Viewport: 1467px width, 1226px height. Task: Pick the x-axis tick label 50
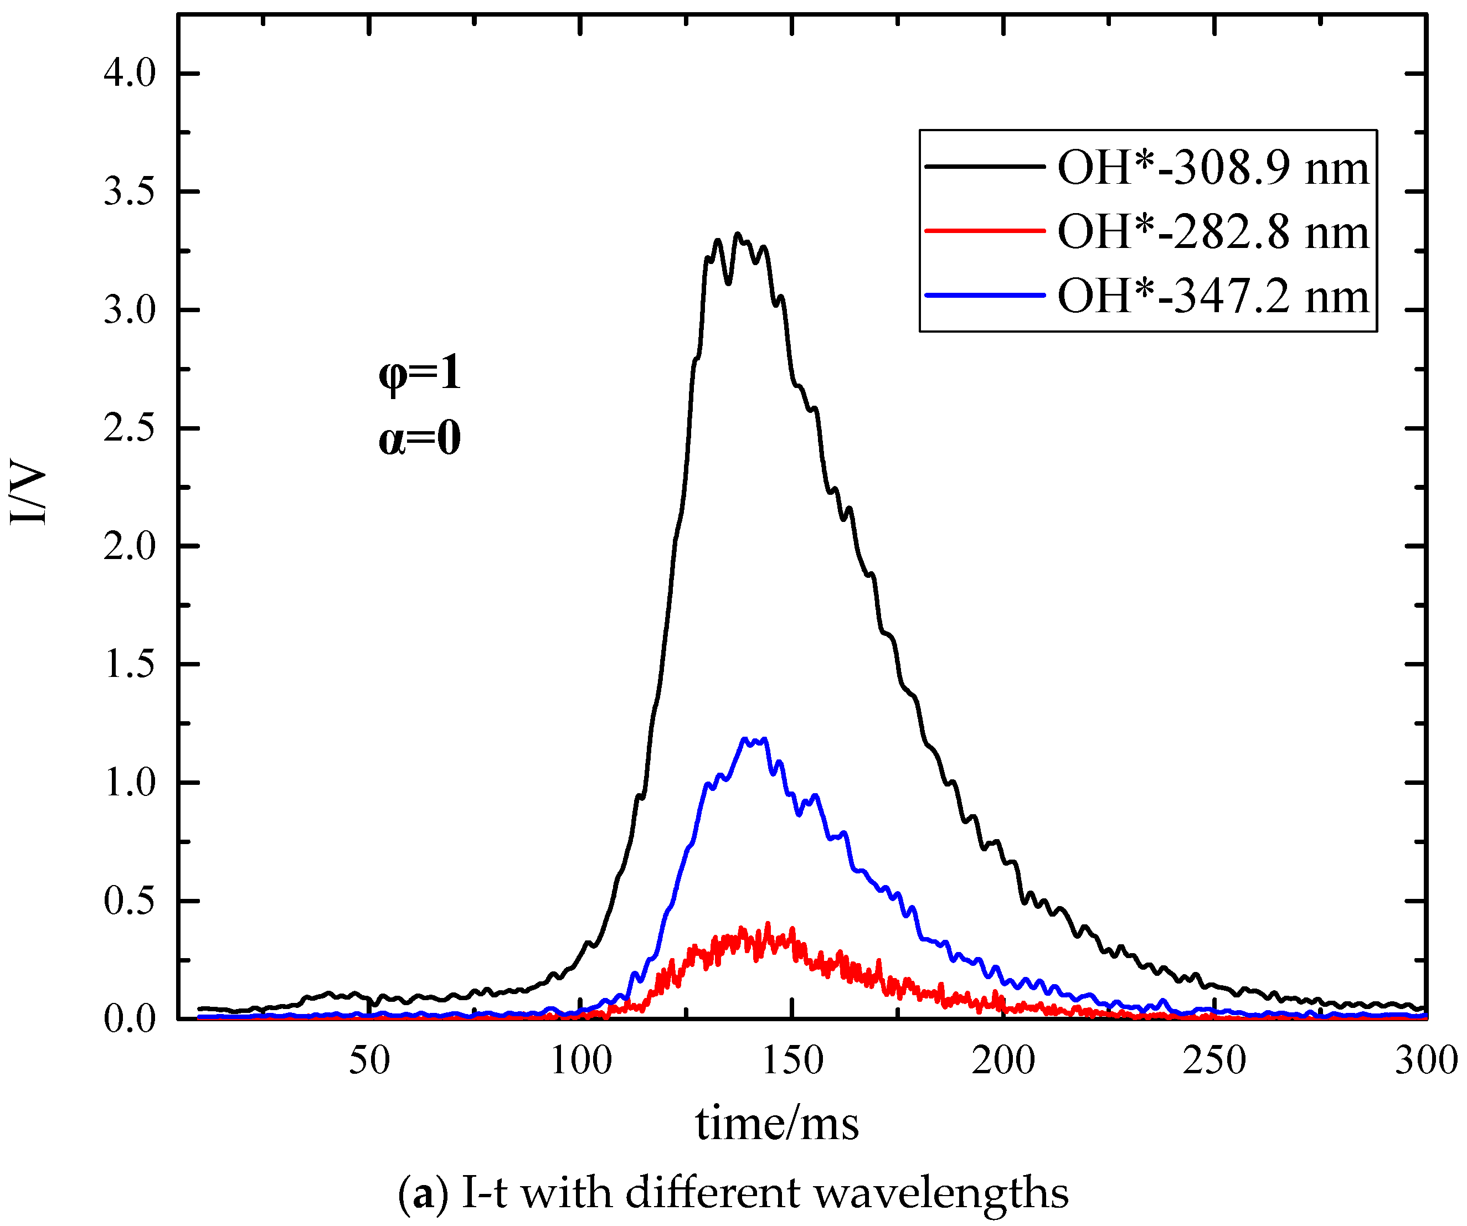point(369,1061)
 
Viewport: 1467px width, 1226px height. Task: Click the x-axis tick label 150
point(792,1061)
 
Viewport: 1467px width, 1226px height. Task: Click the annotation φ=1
point(420,374)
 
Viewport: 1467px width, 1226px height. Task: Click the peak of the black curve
point(737,235)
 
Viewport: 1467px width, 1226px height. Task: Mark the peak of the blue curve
point(746,739)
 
